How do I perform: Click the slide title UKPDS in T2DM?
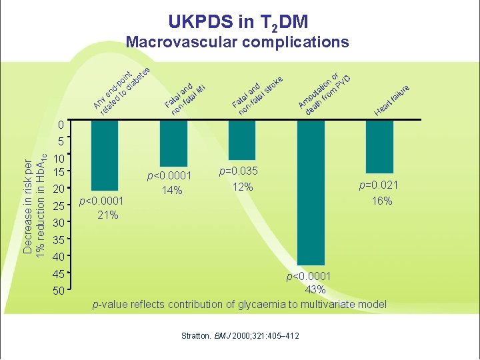[x=238, y=21]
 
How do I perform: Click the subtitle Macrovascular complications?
[x=237, y=42]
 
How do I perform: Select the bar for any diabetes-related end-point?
[x=105, y=155]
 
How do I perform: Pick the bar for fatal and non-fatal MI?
[x=173, y=143]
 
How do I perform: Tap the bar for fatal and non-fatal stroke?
[x=242, y=139]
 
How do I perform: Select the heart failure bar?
[x=379, y=146]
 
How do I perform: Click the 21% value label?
[x=107, y=215]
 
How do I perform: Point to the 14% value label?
[x=171, y=190]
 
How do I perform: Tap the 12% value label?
[x=243, y=187]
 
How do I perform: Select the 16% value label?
[x=382, y=201]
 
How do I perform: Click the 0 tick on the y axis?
[x=60, y=125]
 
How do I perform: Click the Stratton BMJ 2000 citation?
[x=240, y=335]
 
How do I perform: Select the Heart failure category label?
[x=392, y=99]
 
